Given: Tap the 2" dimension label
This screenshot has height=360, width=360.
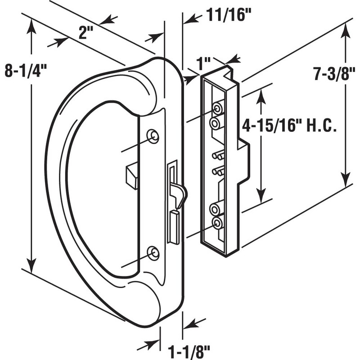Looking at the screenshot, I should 86,33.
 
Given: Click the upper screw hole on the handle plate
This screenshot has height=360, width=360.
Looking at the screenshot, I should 153,136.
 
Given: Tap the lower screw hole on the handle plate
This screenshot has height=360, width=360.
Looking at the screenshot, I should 153,253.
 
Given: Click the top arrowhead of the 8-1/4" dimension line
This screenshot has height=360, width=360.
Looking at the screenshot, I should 31,27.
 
